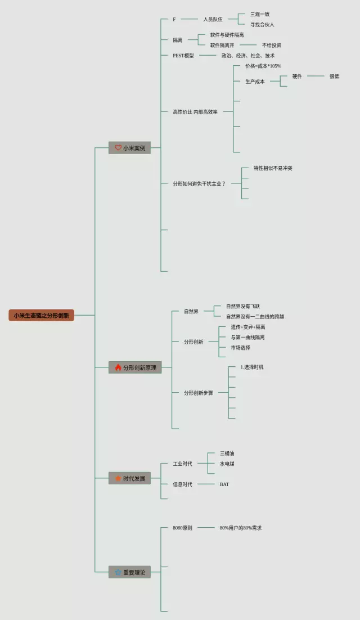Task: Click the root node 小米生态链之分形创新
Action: click(41, 316)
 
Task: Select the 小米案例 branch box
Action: click(130, 148)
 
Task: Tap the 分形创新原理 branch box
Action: click(135, 367)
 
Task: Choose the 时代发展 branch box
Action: click(130, 478)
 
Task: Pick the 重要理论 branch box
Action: click(130, 572)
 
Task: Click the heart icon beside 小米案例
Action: click(118, 148)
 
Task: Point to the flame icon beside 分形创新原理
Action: click(118, 367)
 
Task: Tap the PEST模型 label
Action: click(183, 56)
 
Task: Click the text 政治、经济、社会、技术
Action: click(248, 56)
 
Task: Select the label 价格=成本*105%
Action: click(263, 66)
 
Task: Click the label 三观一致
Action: click(260, 14)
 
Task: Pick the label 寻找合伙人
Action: click(262, 25)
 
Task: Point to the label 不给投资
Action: click(272, 45)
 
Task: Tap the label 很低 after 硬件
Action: click(335, 76)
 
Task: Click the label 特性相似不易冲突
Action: click(273, 168)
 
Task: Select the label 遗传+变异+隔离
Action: click(248, 327)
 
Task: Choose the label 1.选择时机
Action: click(252, 367)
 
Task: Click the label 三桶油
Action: click(227, 453)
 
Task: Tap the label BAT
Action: click(224, 484)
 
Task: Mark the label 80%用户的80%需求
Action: click(241, 528)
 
